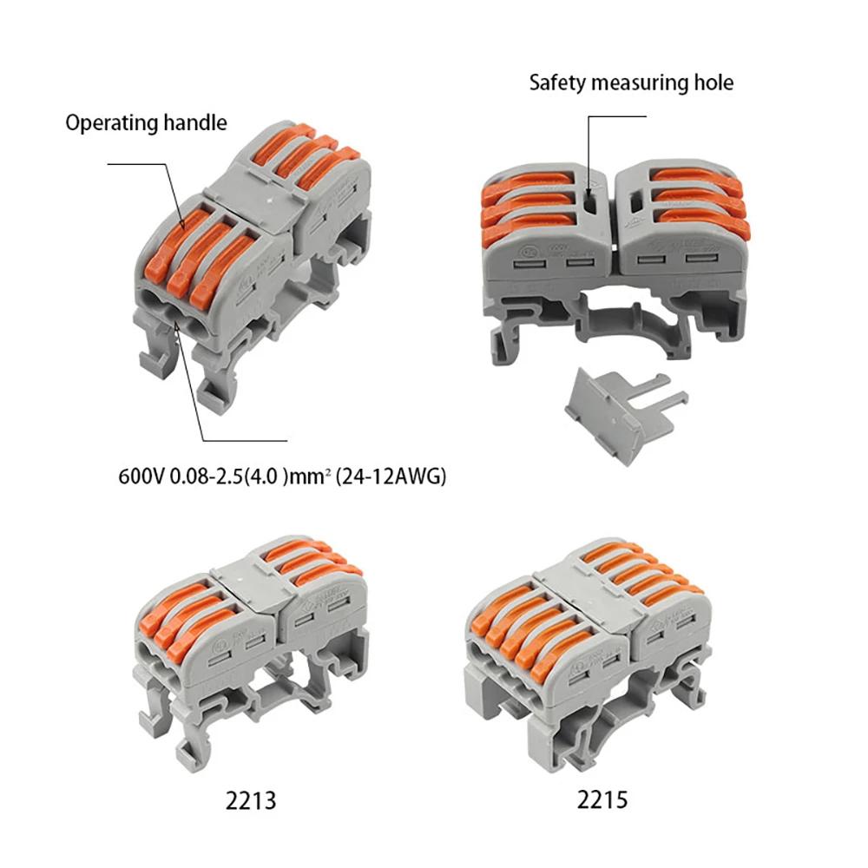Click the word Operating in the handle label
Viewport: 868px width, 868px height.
[111, 123]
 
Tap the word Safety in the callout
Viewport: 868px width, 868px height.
[556, 83]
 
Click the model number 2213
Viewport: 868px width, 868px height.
[248, 799]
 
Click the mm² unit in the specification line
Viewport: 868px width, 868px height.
[307, 477]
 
